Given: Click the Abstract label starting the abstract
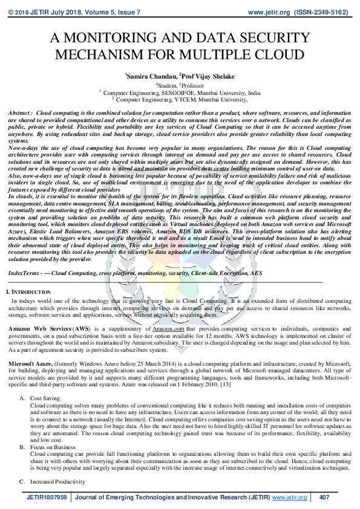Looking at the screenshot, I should click(x=20, y=113).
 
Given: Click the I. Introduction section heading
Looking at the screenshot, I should click(x=27, y=293).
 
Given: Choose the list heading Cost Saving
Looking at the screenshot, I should click(x=45, y=398).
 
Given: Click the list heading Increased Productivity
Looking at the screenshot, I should click(x=57, y=482).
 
